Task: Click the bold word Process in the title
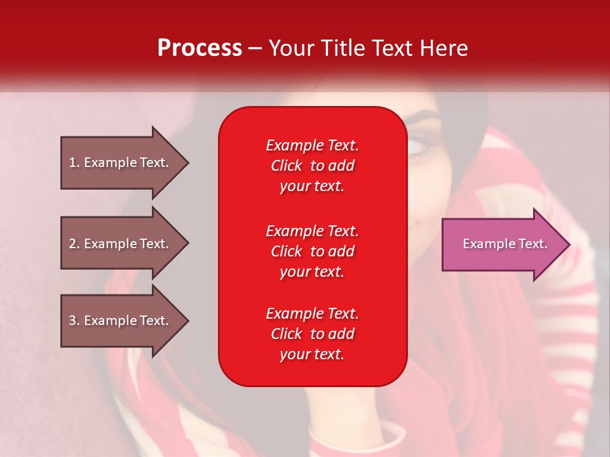[200, 48]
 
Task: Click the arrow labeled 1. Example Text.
[121, 162]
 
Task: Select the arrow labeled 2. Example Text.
[121, 244]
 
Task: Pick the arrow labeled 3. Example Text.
[121, 321]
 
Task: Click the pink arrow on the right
[502, 244]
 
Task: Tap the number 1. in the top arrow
[74, 162]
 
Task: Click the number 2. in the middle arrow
[74, 244]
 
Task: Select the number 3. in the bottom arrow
[74, 321]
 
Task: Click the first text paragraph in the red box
[312, 166]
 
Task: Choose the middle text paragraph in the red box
[312, 251]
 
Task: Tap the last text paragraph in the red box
[312, 334]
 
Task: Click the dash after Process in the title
[255, 48]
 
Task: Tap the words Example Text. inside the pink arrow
[505, 244]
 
